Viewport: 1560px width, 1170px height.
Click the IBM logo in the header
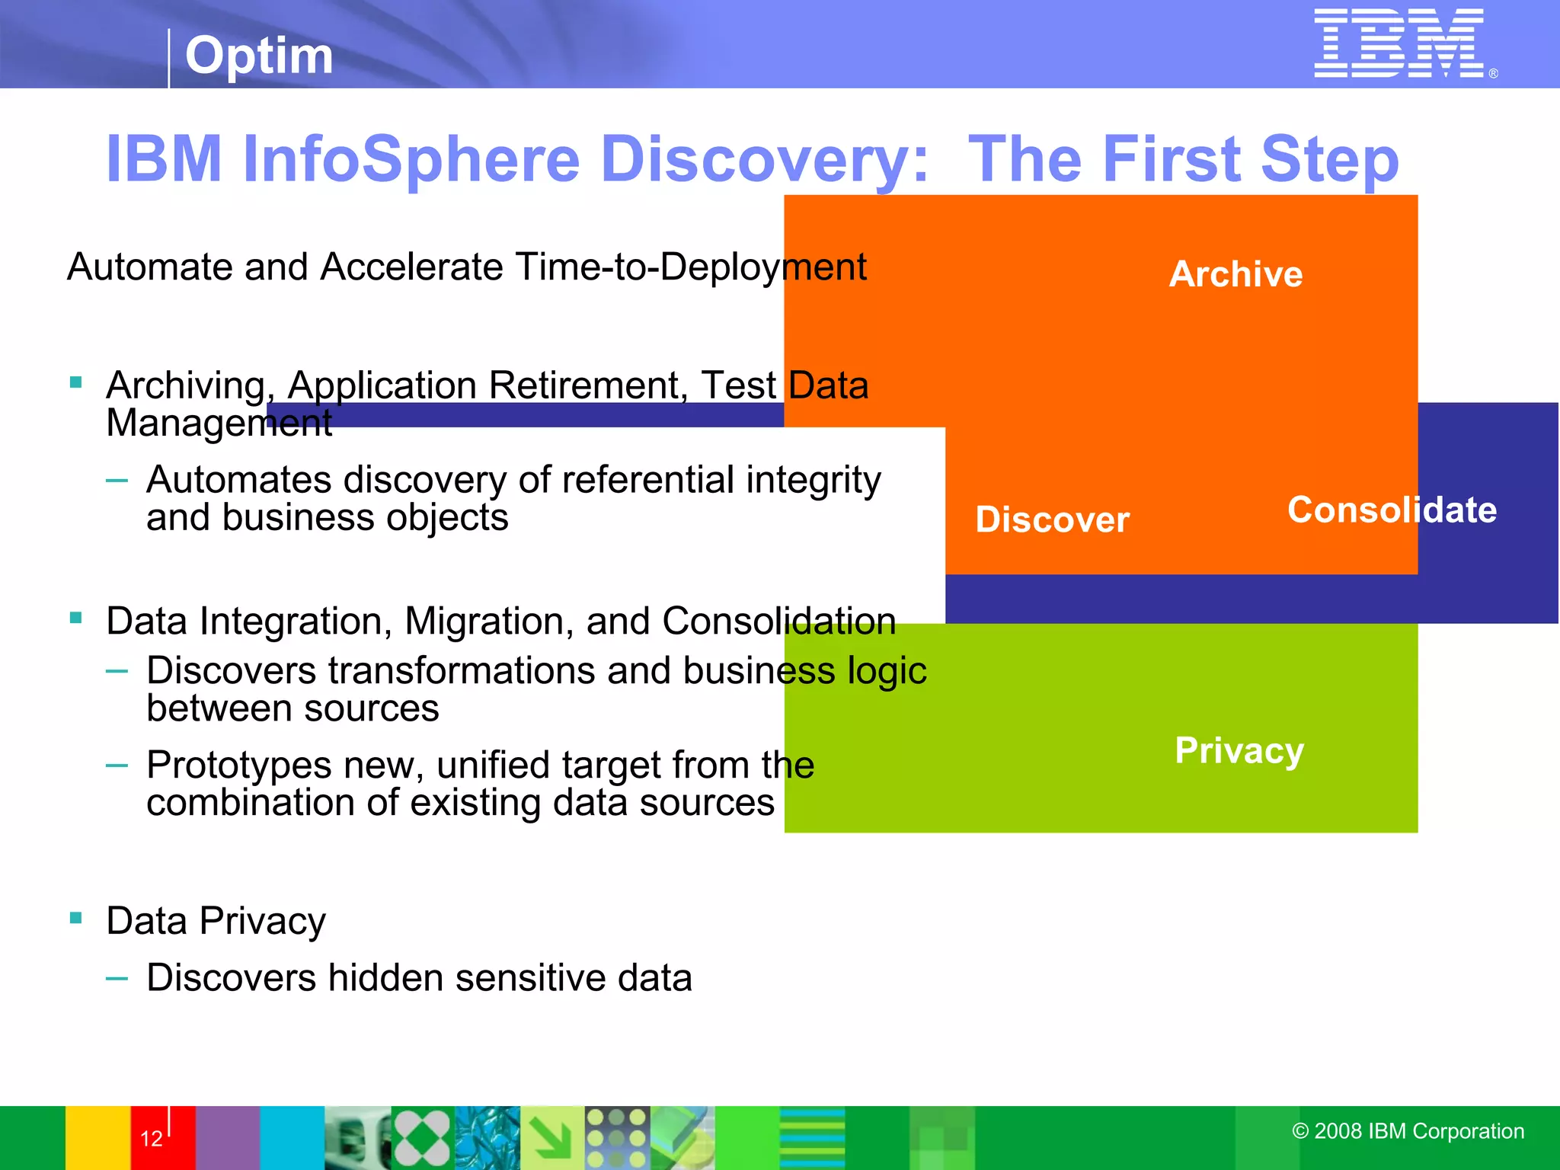tap(1399, 43)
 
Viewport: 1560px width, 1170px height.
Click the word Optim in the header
tap(259, 56)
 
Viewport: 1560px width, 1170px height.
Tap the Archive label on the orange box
tap(1236, 274)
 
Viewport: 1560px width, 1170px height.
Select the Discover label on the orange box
tap(1052, 520)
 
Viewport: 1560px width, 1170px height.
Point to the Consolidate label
tap(1392, 510)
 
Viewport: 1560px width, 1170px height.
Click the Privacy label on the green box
tap(1239, 751)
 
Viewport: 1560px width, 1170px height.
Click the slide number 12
tap(152, 1139)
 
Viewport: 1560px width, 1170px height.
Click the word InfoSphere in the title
tap(411, 159)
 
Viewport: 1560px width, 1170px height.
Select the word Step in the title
tap(1329, 159)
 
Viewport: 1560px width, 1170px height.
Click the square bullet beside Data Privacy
tap(75, 918)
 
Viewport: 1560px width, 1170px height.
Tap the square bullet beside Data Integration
tap(75, 618)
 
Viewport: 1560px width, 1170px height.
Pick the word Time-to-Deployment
tap(690, 267)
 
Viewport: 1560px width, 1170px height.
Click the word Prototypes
tap(239, 765)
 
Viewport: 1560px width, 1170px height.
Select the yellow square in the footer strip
tap(97, 1138)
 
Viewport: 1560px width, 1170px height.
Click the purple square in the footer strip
tap(228, 1138)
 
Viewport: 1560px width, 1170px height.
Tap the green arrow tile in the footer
tap(551, 1138)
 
